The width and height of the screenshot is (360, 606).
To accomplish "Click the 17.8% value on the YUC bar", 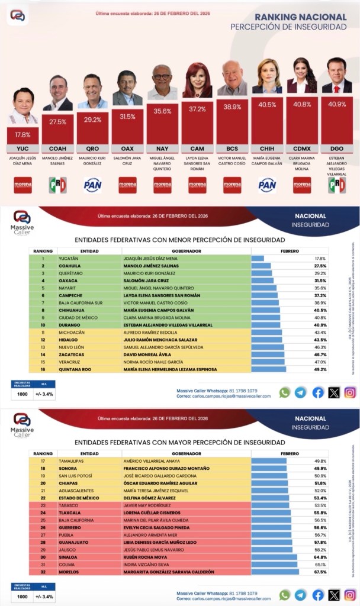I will click(x=23, y=134).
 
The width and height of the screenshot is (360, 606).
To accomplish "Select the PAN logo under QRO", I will click(x=93, y=185).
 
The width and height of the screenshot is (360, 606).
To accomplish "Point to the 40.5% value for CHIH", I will click(x=267, y=105).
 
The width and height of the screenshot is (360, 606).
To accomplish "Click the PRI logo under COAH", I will click(x=57, y=185).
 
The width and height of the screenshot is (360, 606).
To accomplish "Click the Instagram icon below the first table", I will click(x=351, y=392).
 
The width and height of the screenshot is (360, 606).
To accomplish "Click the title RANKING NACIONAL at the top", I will click(x=301, y=17).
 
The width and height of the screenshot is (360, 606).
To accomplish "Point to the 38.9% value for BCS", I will click(x=232, y=107).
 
